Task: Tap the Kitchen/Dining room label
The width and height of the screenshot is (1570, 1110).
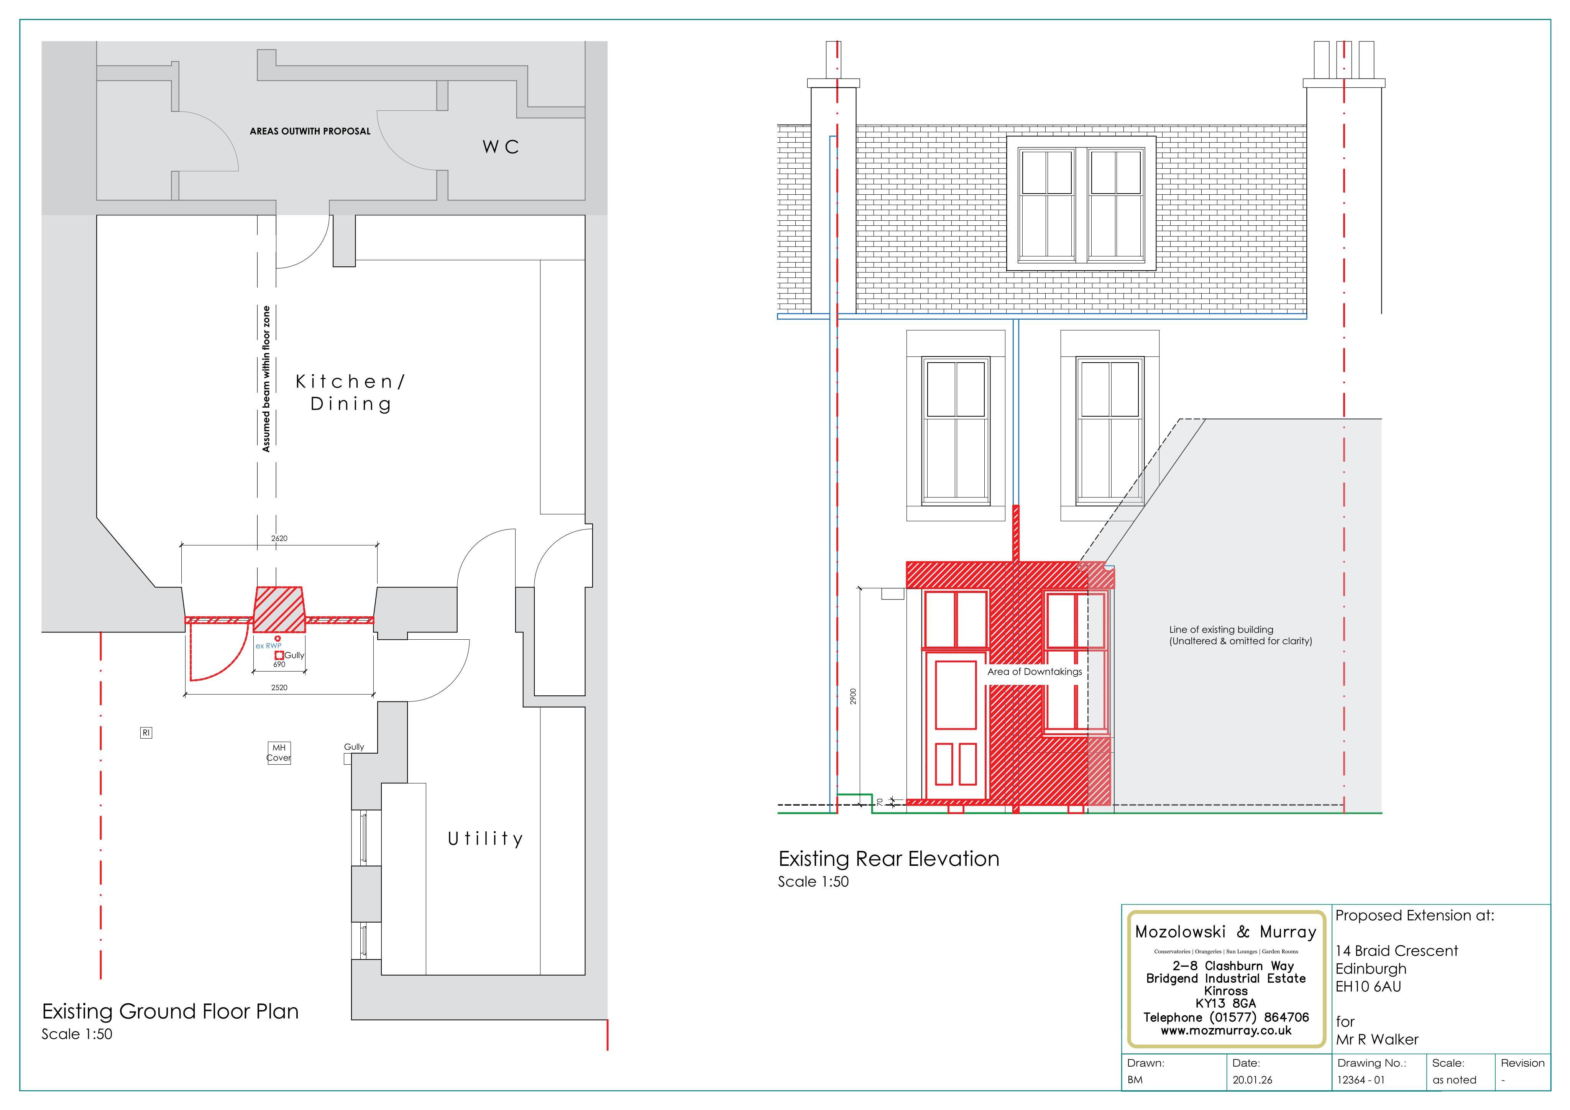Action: [350, 392]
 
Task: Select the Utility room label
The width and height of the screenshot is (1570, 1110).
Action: [486, 839]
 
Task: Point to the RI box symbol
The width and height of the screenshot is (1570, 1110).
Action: [146, 732]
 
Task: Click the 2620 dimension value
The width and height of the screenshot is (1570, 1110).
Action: [279, 538]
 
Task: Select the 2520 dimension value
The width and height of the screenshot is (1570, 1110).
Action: [279, 687]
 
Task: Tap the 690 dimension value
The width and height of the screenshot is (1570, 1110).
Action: [279, 664]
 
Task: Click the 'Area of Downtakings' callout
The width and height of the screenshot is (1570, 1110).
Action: [1035, 672]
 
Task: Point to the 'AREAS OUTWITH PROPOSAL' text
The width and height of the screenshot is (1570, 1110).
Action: [310, 131]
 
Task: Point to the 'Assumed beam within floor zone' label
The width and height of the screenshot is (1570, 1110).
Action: [266, 379]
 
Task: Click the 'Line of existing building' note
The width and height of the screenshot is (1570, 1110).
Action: [1240, 635]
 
